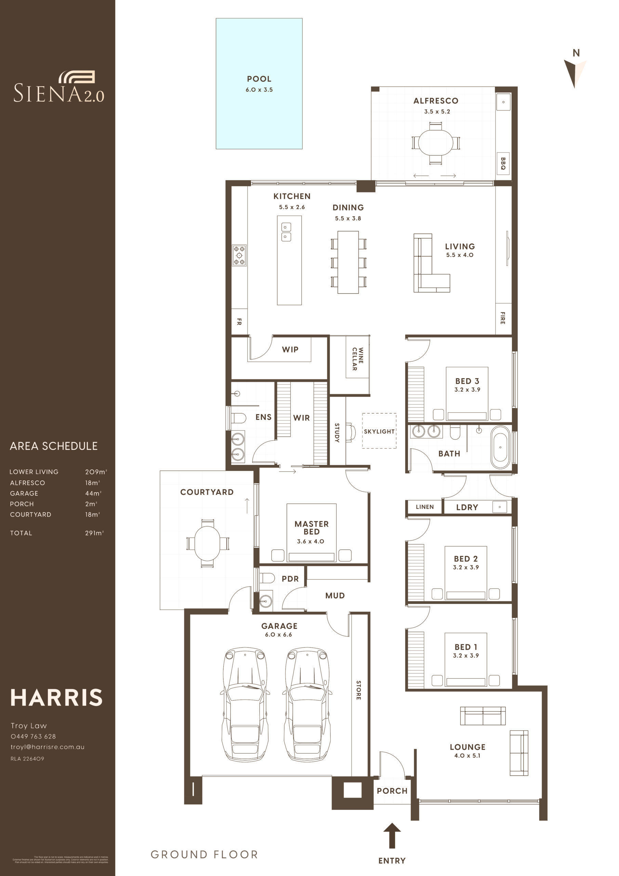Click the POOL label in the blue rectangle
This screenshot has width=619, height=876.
coord(259,79)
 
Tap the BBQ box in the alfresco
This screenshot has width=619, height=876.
coord(503,163)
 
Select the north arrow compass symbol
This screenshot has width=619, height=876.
coord(575,73)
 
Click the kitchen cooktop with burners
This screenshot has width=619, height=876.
coord(239,255)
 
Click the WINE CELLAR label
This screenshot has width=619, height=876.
coord(357,359)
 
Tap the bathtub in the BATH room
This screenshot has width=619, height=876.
coord(500,447)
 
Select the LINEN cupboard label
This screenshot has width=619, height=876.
coord(424,507)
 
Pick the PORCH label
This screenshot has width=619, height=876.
coord(392,791)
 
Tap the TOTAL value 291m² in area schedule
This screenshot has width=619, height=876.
coord(94,533)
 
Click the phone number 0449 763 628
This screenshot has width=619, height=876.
coord(33,736)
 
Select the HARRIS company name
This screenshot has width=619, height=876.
coord(56,697)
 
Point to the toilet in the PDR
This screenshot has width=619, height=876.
coord(267,578)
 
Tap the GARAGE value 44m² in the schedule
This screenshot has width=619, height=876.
coord(93,493)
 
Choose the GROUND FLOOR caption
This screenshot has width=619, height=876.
coord(205,854)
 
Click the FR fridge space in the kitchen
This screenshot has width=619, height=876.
coord(239,322)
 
